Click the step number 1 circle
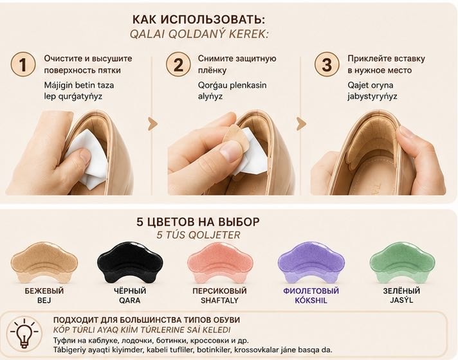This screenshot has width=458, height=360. point(23,64)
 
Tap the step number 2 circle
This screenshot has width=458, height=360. point(178,64)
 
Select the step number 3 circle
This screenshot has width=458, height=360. point(327,64)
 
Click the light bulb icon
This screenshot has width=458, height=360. point(24,334)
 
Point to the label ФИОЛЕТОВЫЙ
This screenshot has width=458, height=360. point(311,291)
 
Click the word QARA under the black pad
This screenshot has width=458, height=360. point(130,300)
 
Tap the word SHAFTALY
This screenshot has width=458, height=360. point(219,300)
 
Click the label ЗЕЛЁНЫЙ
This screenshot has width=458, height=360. point(401,291)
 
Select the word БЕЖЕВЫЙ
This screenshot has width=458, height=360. point(44,291)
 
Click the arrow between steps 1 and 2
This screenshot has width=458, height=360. point(152,124)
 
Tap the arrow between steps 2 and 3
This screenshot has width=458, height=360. point(301,124)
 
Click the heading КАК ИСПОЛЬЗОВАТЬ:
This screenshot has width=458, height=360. point(199,19)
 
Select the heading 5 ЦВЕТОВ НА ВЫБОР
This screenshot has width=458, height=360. point(198,222)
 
